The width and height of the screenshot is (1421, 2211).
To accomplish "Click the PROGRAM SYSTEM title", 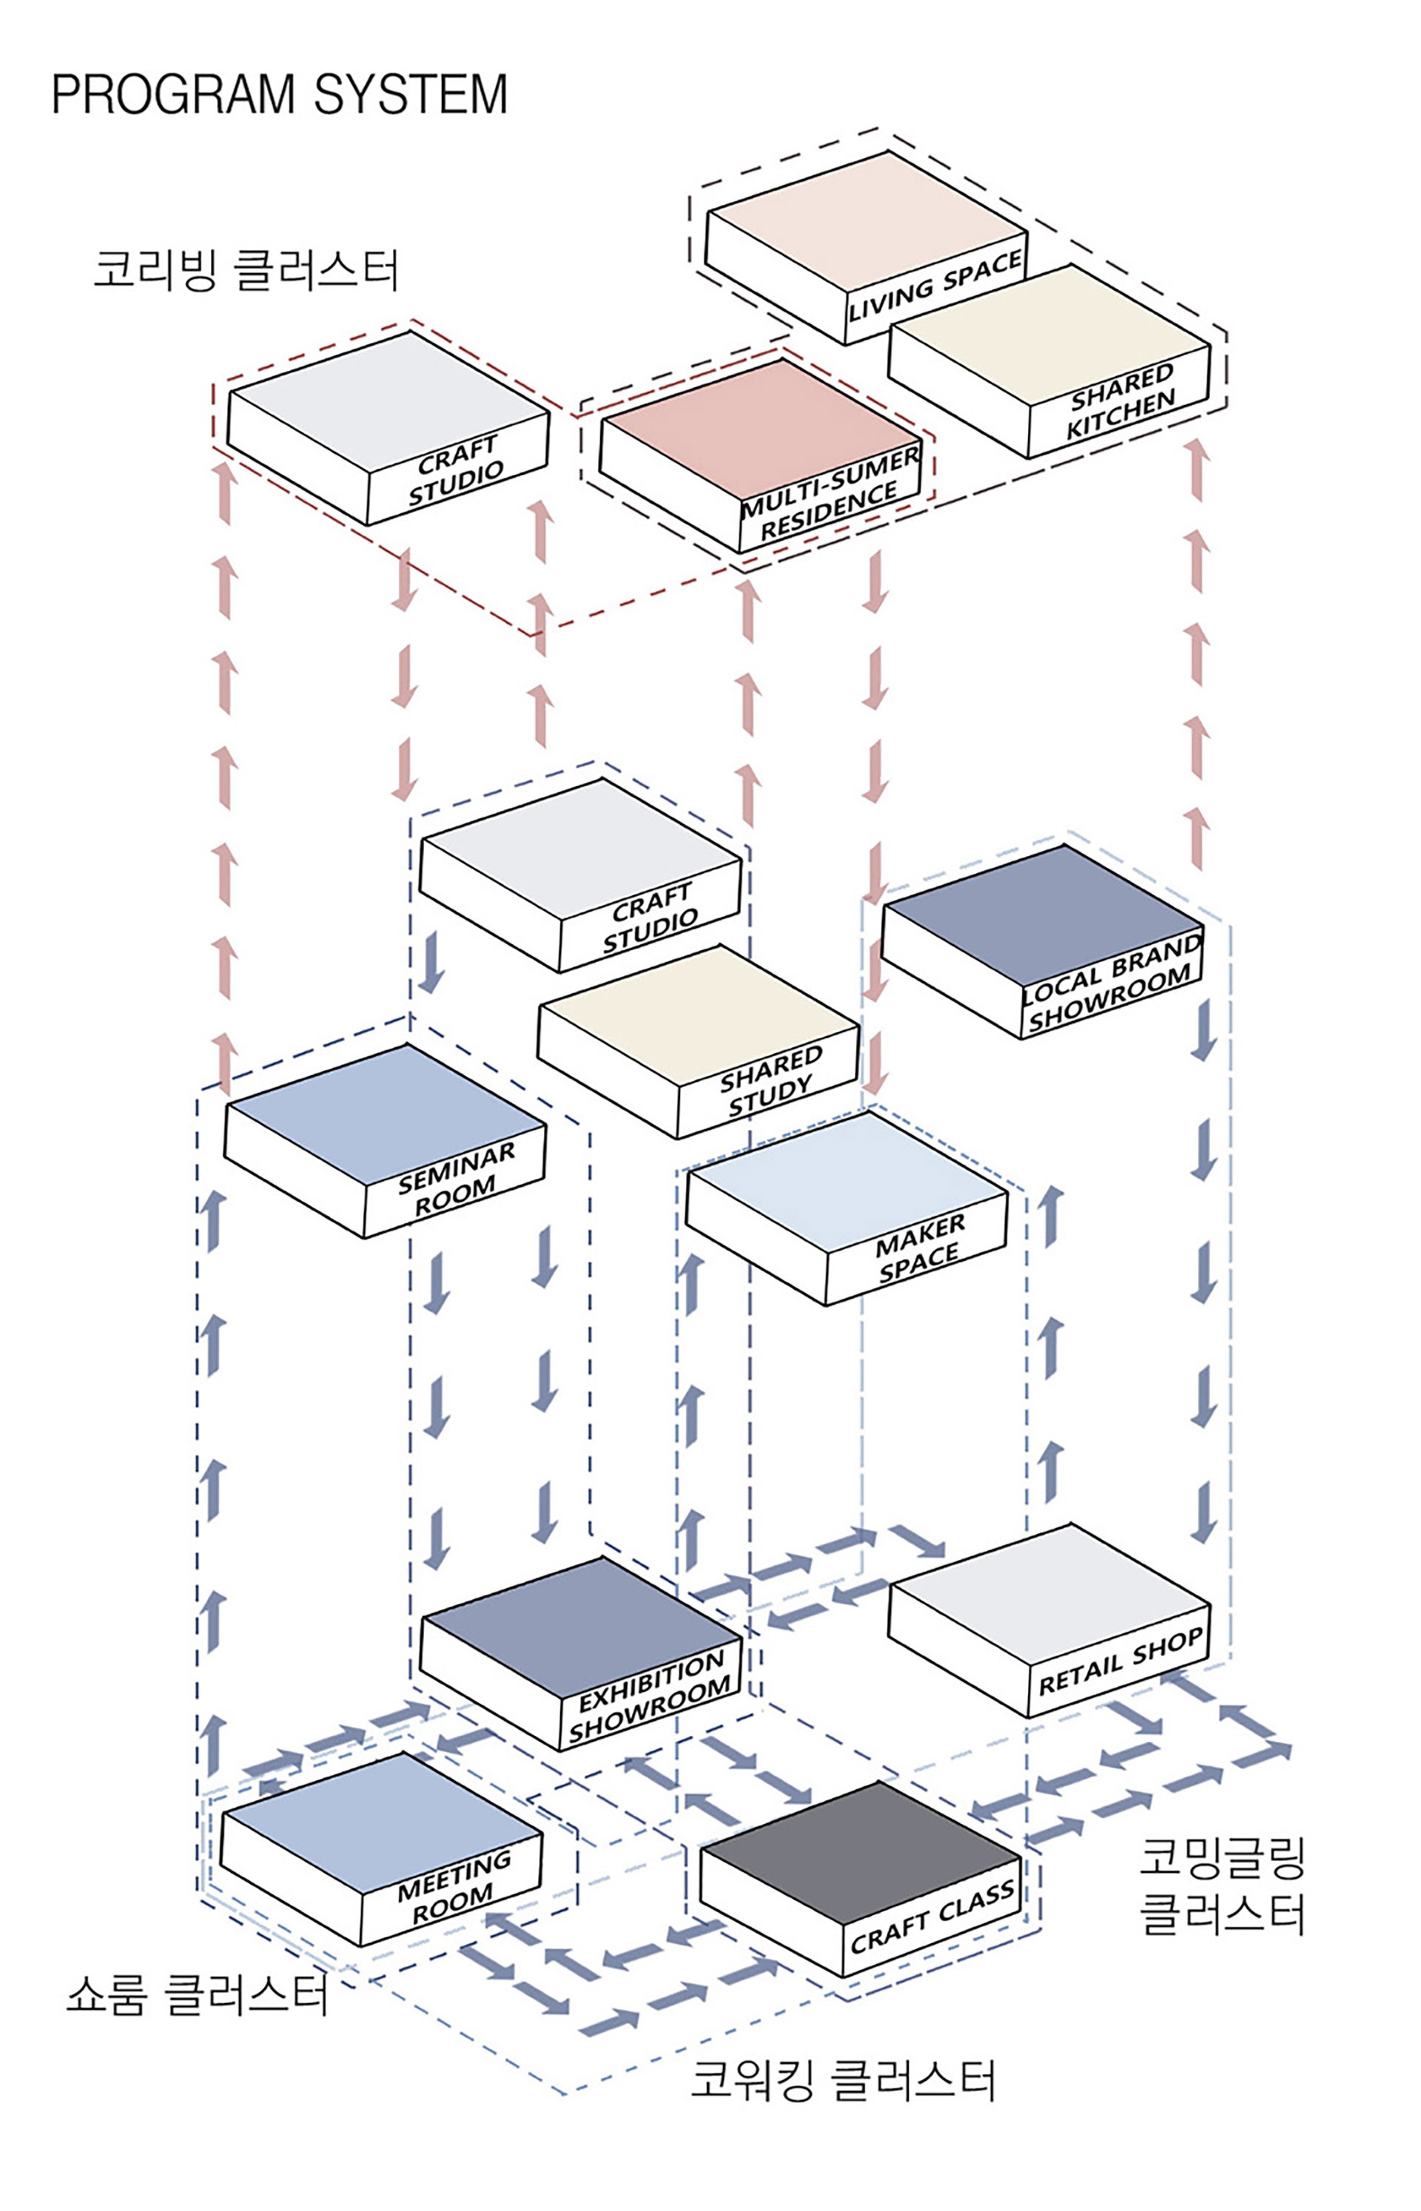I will tap(279, 94).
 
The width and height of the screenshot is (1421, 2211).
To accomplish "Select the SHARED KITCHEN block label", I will tap(1121, 402).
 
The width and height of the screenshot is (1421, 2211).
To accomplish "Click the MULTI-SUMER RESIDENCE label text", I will tap(830, 494).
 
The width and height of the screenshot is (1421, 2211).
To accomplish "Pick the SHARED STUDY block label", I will tap(770, 1081).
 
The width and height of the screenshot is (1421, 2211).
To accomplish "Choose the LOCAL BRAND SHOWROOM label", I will tap(1112, 983).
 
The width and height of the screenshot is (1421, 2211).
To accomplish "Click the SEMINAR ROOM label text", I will tap(456, 1182).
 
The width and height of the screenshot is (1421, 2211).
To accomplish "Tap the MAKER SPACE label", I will tap(919, 1249).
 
